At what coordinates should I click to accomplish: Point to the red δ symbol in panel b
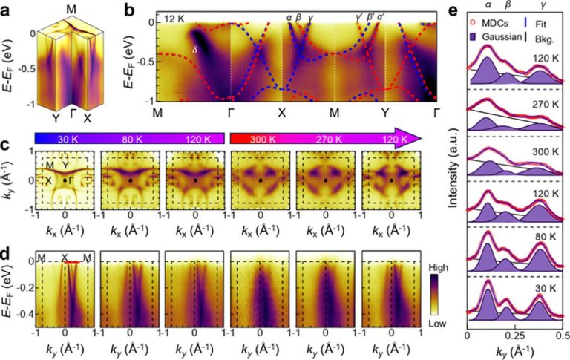pos(195,50)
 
